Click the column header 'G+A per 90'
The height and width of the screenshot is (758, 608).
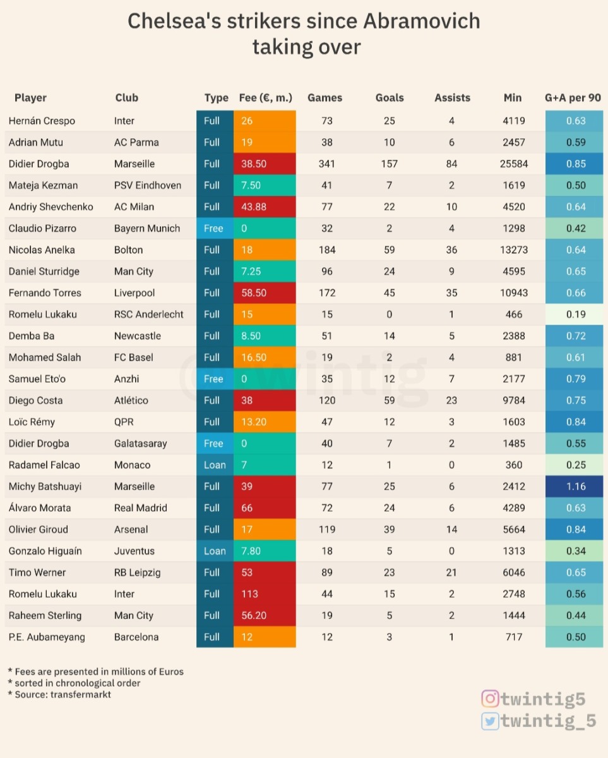(573, 98)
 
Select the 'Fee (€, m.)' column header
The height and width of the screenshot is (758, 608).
(265, 98)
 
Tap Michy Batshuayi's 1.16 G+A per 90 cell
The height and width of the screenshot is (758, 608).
(575, 486)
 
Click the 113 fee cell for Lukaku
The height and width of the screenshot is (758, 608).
(265, 594)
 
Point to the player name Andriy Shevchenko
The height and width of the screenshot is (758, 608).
(51, 207)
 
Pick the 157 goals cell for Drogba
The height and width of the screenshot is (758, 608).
(389, 164)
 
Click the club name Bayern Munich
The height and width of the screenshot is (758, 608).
(147, 228)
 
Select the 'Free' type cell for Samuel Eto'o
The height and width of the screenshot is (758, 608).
(214, 379)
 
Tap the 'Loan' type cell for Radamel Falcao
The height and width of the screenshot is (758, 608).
(215, 465)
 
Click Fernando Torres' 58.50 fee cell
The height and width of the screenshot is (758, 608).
(265, 292)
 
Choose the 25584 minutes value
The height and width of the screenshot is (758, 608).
(513, 164)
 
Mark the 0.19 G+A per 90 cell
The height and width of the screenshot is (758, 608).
(575, 314)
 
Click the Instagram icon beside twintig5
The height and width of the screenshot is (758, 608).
(490, 699)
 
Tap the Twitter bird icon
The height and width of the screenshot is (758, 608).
(490, 721)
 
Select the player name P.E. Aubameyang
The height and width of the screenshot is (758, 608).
(46, 637)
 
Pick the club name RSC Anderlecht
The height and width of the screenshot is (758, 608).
(149, 314)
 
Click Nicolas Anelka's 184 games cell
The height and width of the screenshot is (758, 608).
(326, 250)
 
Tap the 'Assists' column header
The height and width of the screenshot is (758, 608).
(452, 98)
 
